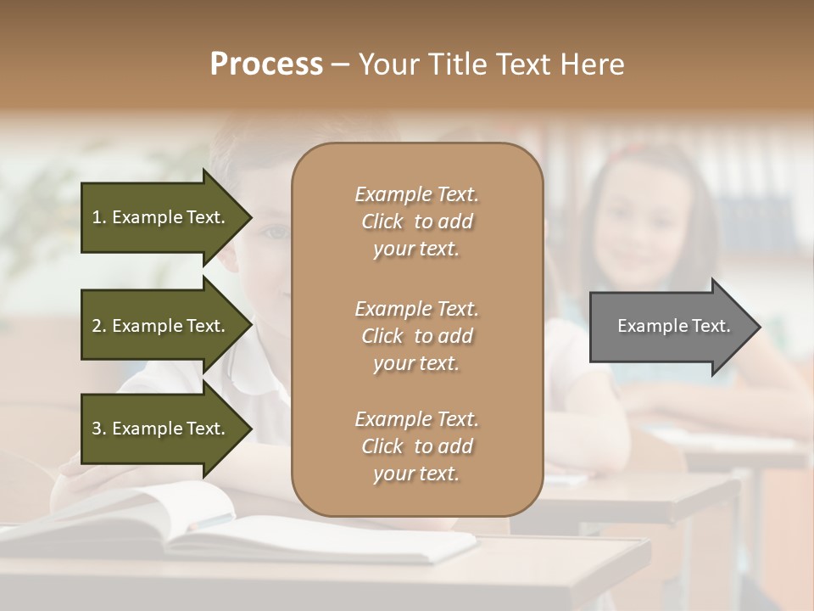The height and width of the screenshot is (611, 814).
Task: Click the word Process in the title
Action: [266, 64]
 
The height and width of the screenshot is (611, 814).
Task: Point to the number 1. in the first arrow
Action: [99, 217]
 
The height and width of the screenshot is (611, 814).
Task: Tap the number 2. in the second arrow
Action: [99, 326]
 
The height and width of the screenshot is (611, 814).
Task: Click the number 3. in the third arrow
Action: [99, 429]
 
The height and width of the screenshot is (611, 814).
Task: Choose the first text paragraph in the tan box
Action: [416, 221]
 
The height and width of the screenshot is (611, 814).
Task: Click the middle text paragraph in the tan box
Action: [416, 336]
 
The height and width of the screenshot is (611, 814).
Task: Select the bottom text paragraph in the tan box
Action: [416, 446]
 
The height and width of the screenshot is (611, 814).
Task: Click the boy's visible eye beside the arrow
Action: [273, 231]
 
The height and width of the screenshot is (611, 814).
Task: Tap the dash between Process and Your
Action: [341, 64]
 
